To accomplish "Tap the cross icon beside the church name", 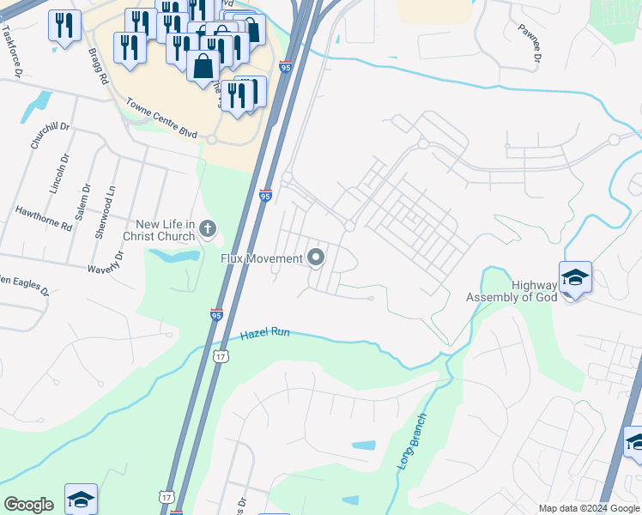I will pos(207,229).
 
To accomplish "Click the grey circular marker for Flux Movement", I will pos(316,257).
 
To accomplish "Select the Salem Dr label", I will pos(82,202).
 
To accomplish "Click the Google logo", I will pos(28,505).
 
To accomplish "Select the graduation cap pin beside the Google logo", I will pos(81,500).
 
